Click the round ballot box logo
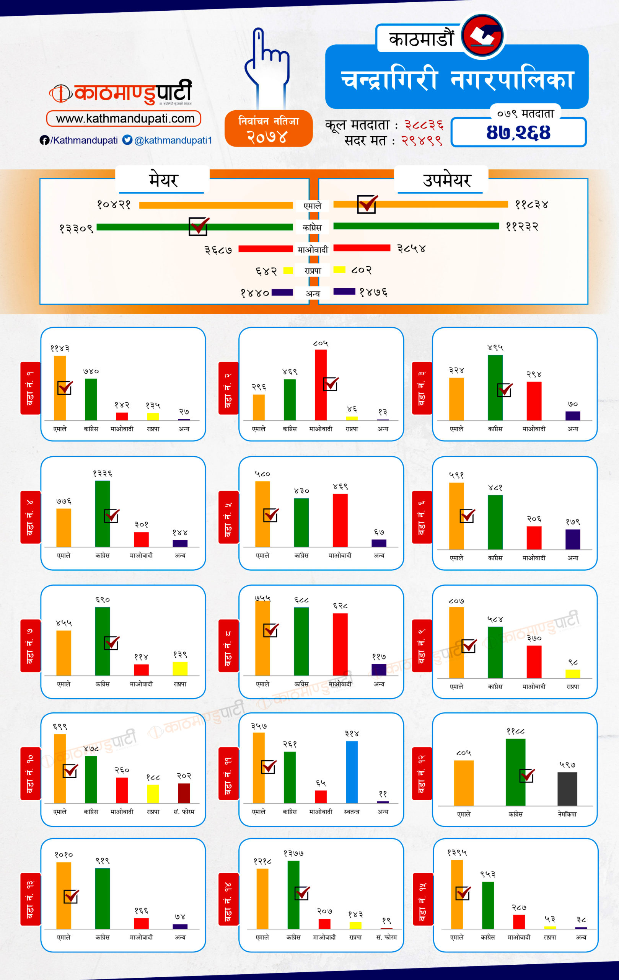(x=482, y=35)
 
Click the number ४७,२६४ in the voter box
(x=518, y=133)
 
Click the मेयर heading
(x=163, y=180)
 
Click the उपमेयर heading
(x=446, y=180)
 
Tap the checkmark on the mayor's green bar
(x=199, y=226)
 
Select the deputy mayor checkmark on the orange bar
(x=367, y=204)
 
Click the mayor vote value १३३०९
(x=76, y=228)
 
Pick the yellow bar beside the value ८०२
(x=339, y=269)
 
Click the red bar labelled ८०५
(x=321, y=385)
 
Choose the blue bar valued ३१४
(x=352, y=772)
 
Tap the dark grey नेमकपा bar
(x=567, y=788)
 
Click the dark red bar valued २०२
(x=184, y=793)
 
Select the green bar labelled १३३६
(x=103, y=514)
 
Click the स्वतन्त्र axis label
(x=352, y=812)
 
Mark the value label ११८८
(x=515, y=731)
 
